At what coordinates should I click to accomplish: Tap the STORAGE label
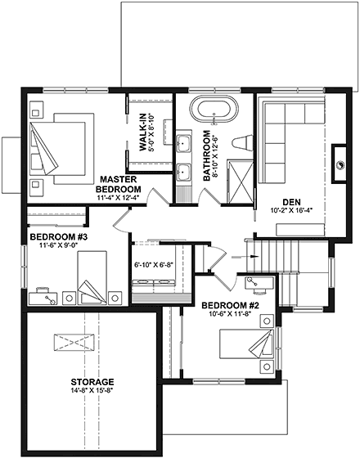(x=92, y=382)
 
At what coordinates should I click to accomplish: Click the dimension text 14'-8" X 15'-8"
(x=92, y=393)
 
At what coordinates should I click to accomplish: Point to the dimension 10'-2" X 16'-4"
(x=292, y=212)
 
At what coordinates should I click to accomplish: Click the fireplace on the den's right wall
(x=340, y=157)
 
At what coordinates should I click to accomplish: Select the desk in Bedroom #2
(x=259, y=286)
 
